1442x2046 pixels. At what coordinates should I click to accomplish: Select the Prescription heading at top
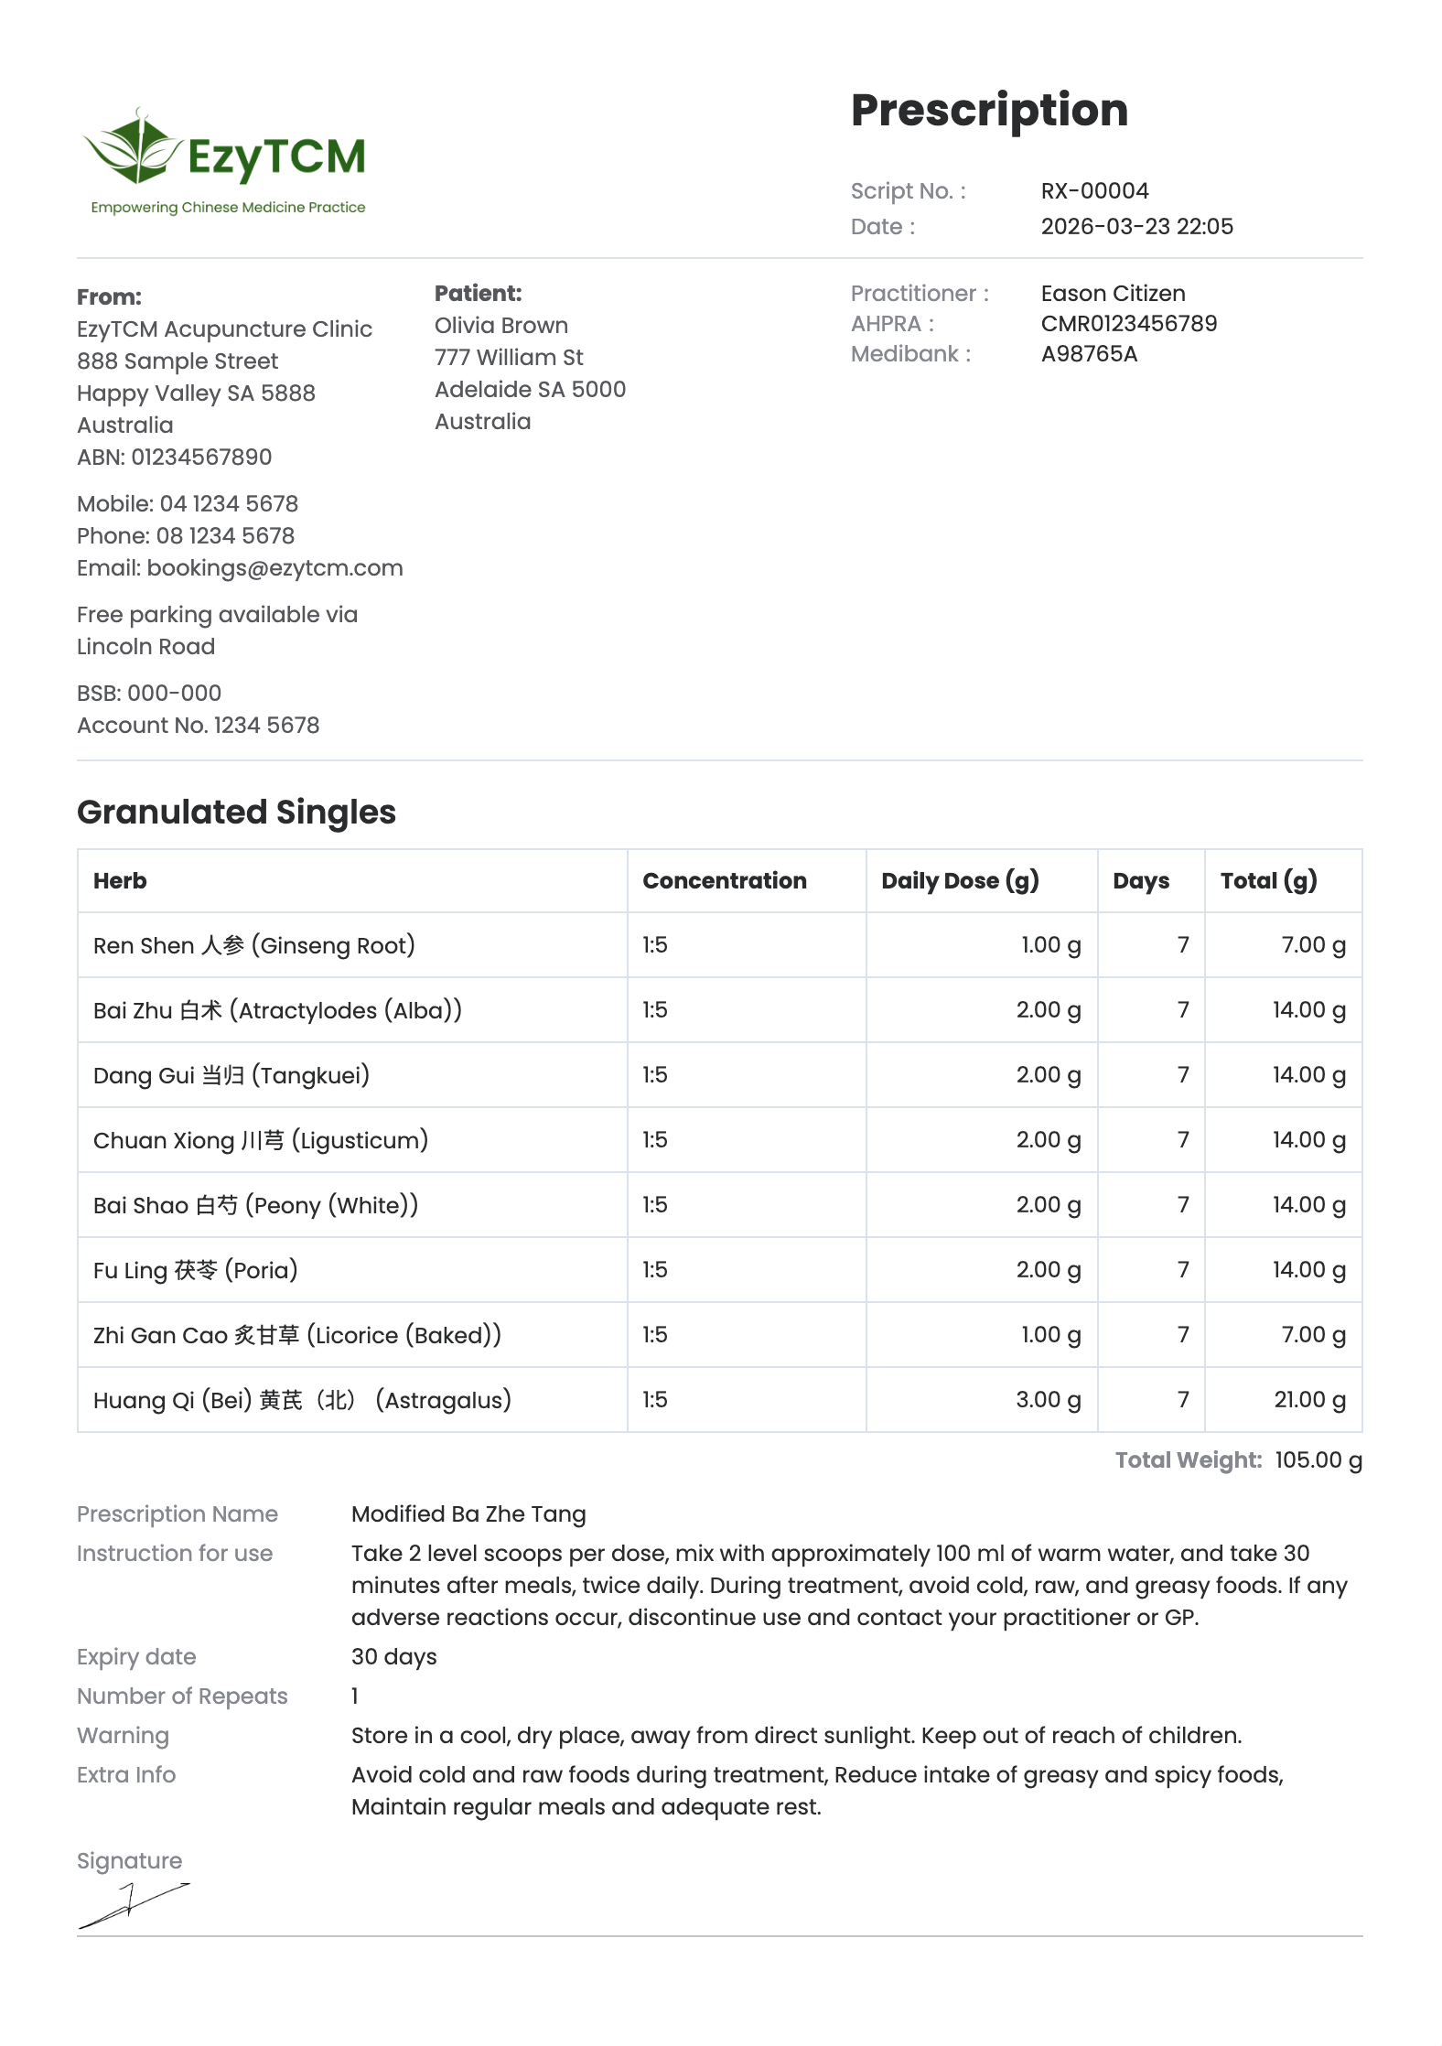[x=989, y=111]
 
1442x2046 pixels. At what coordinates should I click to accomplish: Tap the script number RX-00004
[x=1094, y=191]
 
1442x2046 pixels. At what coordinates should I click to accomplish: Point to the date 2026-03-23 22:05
[x=1136, y=227]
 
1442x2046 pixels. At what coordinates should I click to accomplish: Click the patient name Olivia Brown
[x=500, y=326]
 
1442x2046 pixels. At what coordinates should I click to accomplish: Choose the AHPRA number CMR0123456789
[x=1128, y=324]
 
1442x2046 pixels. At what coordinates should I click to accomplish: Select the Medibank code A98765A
[x=1089, y=354]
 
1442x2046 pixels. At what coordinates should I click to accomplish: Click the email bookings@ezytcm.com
[x=274, y=568]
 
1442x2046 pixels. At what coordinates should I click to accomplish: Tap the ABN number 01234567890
[x=201, y=458]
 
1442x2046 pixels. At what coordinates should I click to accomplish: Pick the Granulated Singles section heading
[x=236, y=813]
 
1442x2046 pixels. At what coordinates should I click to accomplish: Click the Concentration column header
[x=724, y=881]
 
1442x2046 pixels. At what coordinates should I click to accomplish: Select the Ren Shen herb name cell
[x=253, y=945]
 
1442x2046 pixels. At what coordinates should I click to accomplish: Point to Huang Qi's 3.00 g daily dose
[x=1048, y=1400]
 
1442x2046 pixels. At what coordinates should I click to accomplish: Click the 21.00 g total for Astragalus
[x=1309, y=1400]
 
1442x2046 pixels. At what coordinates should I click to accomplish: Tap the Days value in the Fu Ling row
[x=1183, y=1270]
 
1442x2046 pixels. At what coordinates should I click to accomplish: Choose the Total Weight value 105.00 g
[x=1318, y=1460]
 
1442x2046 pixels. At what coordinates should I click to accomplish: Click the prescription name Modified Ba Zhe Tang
[x=468, y=1514]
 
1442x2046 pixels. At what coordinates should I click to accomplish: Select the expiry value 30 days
[x=393, y=1657]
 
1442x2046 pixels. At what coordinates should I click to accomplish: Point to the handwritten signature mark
[x=133, y=1905]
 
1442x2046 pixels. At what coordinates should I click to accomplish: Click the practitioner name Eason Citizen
[x=1113, y=294]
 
